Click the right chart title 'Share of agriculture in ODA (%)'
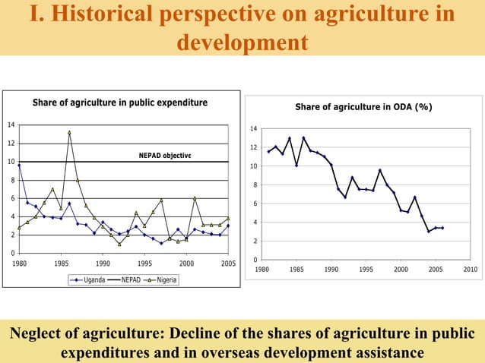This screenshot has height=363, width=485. click(x=363, y=107)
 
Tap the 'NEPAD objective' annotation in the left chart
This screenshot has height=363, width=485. click(x=165, y=156)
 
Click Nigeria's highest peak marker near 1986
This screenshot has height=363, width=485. click(x=69, y=132)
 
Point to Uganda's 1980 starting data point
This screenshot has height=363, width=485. click(x=19, y=166)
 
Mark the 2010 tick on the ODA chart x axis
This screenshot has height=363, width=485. click(x=470, y=269)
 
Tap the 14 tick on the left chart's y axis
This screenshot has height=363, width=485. click(x=11, y=125)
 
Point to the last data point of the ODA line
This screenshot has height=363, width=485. click(x=442, y=228)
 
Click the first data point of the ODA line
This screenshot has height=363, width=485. click(x=268, y=152)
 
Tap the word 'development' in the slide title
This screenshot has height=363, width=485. click(x=242, y=42)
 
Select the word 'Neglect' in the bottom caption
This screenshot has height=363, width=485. click(x=38, y=334)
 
